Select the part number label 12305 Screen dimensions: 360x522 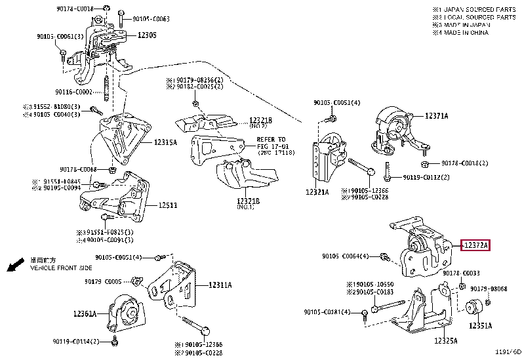[x=146, y=35]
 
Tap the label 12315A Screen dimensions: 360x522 [x=165, y=142]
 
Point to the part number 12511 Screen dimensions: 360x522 [x=167, y=205]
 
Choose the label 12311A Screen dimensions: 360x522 [x=221, y=285]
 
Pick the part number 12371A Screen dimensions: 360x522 [x=436, y=115]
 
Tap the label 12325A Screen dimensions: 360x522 [x=445, y=341]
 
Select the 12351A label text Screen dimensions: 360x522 [x=481, y=324]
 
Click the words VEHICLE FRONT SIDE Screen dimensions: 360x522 [x=61, y=268]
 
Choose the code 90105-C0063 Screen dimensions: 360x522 [x=151, y=19]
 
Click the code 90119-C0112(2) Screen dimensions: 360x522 [x=426, y=177]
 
